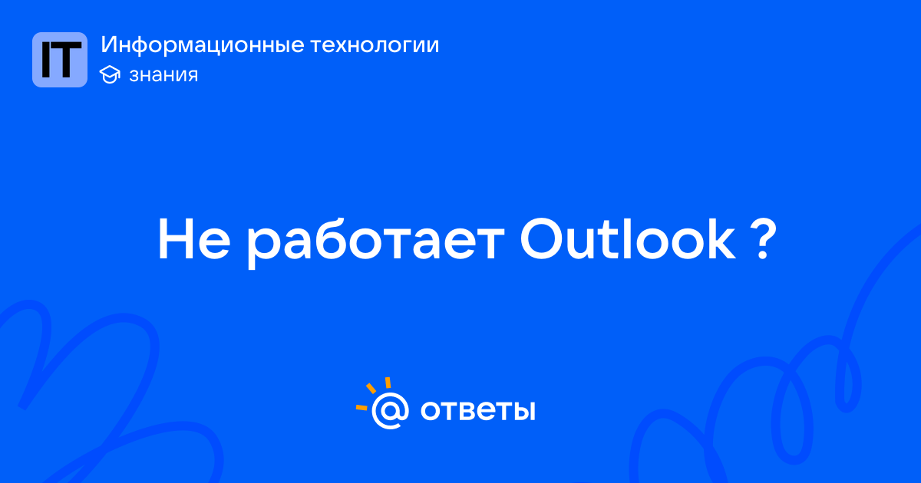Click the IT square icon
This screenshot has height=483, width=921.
(x=60, y=60)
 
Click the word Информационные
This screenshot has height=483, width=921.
(x=203, y=45)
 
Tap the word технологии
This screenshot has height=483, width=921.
(x=375, y=45)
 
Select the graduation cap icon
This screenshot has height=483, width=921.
(x=110, y=74)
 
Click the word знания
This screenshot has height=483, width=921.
(x=163, y=75)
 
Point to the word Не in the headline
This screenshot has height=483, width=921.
(x=194, y=239)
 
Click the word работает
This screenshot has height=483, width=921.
(x=375, y=242)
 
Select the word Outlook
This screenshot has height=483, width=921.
(x=628, y=238)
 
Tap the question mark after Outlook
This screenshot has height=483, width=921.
(x=762, y=239)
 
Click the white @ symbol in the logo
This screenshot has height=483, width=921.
(x=390, y=411)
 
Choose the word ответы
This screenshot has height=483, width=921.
(x=477, y=410)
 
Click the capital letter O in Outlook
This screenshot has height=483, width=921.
(x=543, y=239)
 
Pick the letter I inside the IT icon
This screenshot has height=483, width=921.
(x=46, y=61)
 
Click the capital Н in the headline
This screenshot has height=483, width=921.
(x=176, y=239)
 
